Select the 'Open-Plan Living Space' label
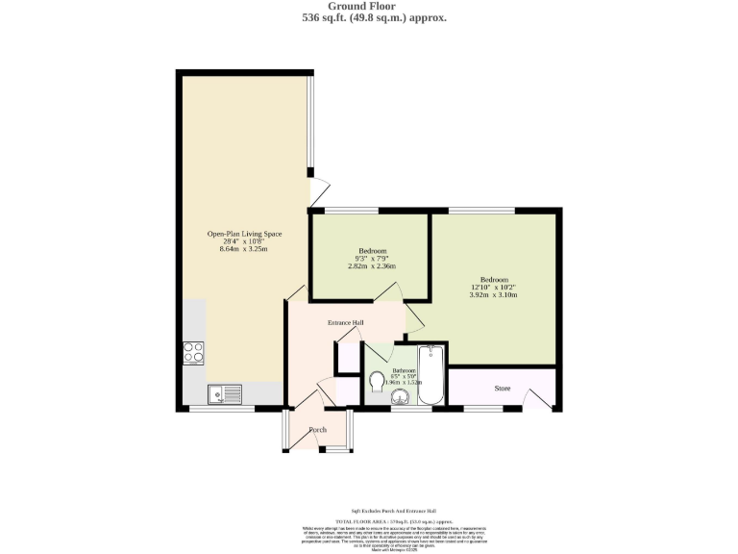point(245,234)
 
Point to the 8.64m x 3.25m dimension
point(245,249)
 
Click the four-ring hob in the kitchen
point(193,353)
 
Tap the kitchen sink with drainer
point(227,392)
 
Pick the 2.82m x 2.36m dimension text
point(372,266)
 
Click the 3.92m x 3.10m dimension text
point(494,295)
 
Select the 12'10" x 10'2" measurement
point(494,288)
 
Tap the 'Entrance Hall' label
point(346,322)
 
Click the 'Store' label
point(502,390)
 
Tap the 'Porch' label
point(318,429)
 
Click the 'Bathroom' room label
point(404,371)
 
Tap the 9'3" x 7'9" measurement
point(372,259)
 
